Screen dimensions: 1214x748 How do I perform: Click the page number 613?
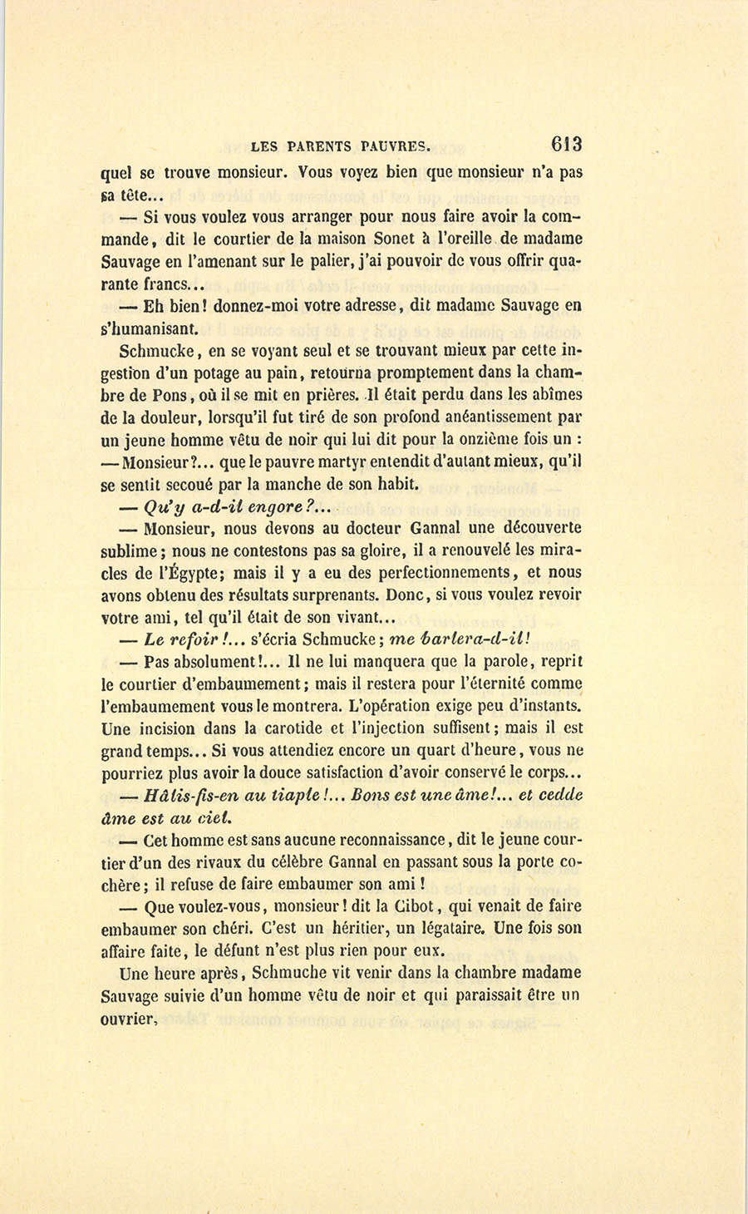(565, 144)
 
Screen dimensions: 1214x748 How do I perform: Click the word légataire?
(446, 928)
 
